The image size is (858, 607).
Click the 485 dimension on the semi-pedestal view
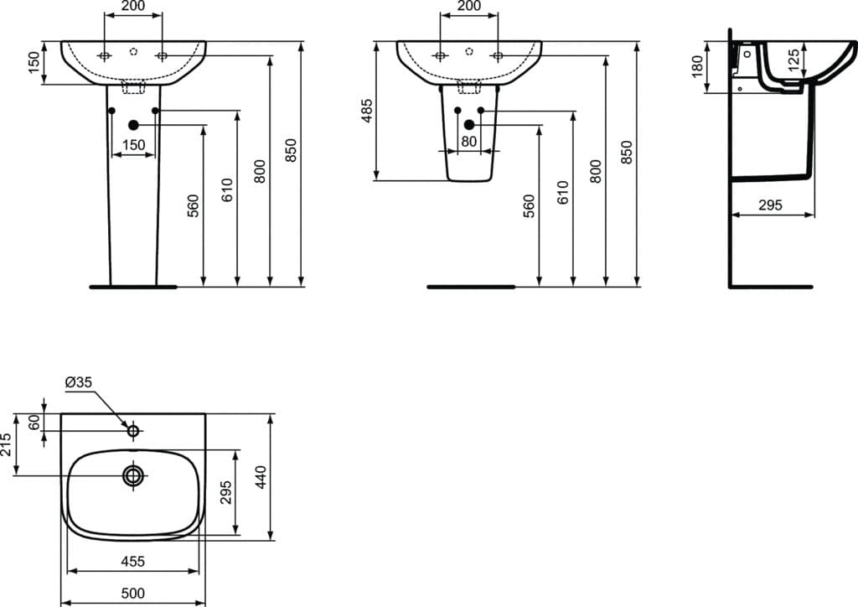pos(367,112)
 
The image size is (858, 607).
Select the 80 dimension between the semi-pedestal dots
pos(469,142)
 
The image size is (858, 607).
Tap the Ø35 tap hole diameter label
pos(78,382)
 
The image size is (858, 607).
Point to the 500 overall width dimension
pos(133,593)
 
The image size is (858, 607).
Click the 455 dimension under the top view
pos(133,561)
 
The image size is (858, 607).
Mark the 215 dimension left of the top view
pos(7,444)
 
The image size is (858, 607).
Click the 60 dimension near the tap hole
pos(34,422)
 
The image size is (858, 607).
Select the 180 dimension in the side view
pos(697,66)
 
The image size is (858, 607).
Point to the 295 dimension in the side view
pos(771,205)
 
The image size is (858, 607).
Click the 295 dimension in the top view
pos(225,492)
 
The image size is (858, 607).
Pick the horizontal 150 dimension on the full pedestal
pos(133,144)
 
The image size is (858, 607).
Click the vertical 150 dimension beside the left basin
pos(34,63)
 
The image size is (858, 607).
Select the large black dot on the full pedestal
pos(133,125)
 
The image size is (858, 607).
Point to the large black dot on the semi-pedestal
pos(469,125)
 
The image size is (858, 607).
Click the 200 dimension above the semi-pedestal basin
pos(468,7)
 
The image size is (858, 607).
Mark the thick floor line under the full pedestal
pos(132,287)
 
